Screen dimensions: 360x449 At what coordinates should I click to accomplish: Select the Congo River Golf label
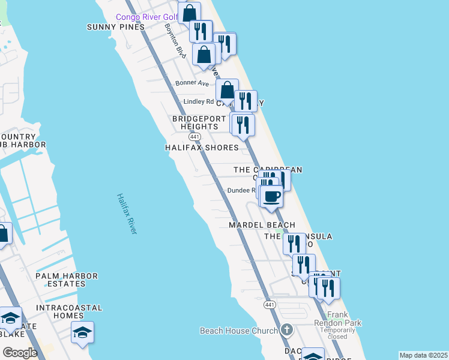click(x=146, y=17)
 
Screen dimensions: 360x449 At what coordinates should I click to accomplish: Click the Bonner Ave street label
click(x=191, y=83)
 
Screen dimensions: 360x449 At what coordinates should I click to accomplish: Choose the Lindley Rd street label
click(x=198, y=101)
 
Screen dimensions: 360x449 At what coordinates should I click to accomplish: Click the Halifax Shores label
click(x=202, y=148)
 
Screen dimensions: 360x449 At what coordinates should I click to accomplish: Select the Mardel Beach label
click(x=262, y=225)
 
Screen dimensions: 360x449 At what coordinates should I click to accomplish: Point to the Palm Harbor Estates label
click(x=66, y=280)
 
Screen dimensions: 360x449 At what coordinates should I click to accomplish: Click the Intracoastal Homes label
click(x=68, y=311)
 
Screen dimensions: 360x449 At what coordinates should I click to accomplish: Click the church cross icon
click(x=287, y=330)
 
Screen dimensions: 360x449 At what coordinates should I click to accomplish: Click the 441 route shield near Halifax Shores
click(x=194, y=137)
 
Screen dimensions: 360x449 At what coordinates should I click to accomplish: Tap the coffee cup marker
click(x=272, y=196)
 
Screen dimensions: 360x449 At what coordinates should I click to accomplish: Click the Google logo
click(x=20, y=353)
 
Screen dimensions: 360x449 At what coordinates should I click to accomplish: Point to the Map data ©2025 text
click(x=423, y=355)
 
